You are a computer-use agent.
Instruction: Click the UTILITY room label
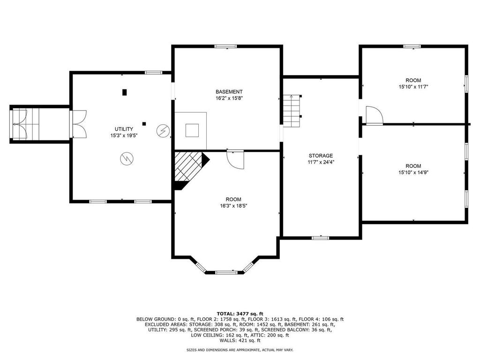coord(124,129)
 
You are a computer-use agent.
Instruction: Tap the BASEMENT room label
coord(229,91)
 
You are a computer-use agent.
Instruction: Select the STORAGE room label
coord(321,156)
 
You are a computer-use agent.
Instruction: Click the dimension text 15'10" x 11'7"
coord(413,87)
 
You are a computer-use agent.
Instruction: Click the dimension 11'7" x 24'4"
coord(321,162)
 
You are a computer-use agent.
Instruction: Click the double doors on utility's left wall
coord(78,124)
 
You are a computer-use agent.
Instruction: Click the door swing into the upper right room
coord(374,115)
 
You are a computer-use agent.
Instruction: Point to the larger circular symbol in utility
coord(126,159)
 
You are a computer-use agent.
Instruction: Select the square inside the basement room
coord(192,130)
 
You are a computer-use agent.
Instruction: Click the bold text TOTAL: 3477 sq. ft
coord(240,313)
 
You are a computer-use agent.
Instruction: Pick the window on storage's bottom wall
coord(320,238)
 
